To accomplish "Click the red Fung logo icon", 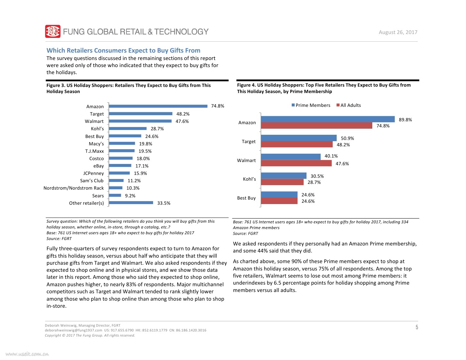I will pyautogui.click(x=53, y=31).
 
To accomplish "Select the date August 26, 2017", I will pyautogui.click(x=398, y=32).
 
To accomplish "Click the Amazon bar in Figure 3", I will pyautogui.click(x=158, y=106).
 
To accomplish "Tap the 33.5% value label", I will pyautogui.click(x=164, y=203).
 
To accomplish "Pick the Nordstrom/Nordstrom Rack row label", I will pyautogui.click(x=73, y=188).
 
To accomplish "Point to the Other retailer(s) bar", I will pyautogui.click(x=131, y=203).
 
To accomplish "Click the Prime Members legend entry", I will pyautogui.click(x=311, y=105).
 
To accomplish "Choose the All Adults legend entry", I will pyautogui.click(x=349, y=105).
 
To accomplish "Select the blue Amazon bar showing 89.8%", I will pyautogui.click(x=328, y=119).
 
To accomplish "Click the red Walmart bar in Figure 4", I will pyautogui.click(x=296, y=163).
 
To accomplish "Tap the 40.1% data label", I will pyautogui.click(x=331, y=156).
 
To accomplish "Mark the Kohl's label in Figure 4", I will pyautogui.click(x=249, y=179).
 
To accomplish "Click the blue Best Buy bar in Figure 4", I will pyautogui.click(x=279, y=194).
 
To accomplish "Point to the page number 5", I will pyautogui.click(x=417, y=327).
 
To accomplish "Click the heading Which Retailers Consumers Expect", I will pyautogui.click(x=123, y=50).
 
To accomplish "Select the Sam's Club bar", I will pyautogui.click(x=116, y=181).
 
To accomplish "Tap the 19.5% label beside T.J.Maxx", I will pyautogui.click(x=145, y=151).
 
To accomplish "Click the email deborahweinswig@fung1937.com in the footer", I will pyautogui.click(x=73, y=330).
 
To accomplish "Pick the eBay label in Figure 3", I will pyautogui.click(x=99, y=166).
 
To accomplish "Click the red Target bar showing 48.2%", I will pyautogui.click(x=297, y=145).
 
